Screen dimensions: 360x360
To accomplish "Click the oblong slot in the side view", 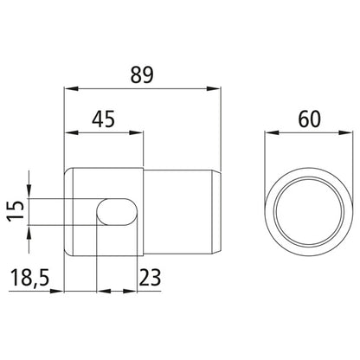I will (x=117, y=211).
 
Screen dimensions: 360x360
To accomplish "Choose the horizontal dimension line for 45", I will (x=105, y=132).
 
